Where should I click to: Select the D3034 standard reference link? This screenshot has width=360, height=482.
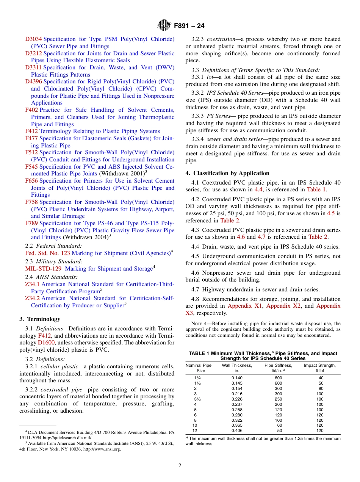click(x=33, y=39)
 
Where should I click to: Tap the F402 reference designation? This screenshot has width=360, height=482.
click(x=31, y=110)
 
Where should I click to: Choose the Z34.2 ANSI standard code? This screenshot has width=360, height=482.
click(x=32, y=298)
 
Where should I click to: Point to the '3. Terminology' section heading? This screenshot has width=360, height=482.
click(x=40, y=319)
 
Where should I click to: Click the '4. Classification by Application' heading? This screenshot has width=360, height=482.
click(x=227, y=173)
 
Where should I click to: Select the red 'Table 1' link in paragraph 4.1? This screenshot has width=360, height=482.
click(x=316, y=189)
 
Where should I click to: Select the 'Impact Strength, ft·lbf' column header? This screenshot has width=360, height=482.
click(x=320, y=368)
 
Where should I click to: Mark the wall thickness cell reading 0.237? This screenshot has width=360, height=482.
click(x=237, y=404)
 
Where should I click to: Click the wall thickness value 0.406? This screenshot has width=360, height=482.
click(x=237, y=431)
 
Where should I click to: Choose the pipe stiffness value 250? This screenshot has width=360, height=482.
click(x=279, y=399)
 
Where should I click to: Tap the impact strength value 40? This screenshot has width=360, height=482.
click(x=321, y=378)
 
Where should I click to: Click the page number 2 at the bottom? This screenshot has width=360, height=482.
click(x=180, y=466)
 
